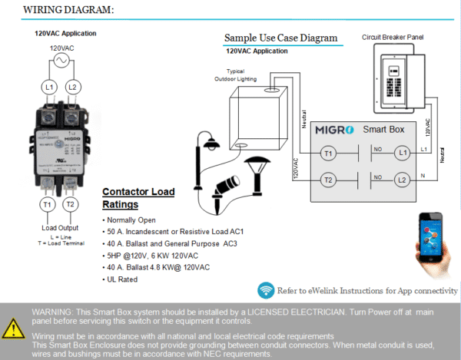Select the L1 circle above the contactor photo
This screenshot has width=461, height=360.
pos(48,88)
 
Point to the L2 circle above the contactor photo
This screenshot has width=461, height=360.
pos(72,88)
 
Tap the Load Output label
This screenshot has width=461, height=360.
pos(59,228)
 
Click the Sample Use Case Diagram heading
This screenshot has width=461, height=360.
pos(280,38)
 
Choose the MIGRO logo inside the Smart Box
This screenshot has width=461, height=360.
pos(336,130)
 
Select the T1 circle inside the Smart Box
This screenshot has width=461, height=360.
pos(328,154)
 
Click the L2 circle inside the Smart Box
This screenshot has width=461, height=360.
pos(400,180)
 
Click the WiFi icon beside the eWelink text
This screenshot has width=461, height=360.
pos(267,290)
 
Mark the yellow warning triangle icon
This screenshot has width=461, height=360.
pos(13,329)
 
